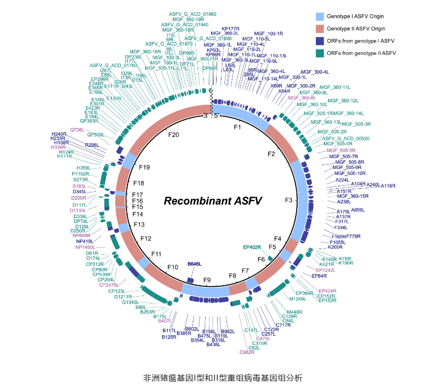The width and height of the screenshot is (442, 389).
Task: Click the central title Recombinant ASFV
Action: click(213, 201)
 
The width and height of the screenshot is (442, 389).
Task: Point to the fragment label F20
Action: click(174, 134)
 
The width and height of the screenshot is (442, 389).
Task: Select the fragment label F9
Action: click(207, 280)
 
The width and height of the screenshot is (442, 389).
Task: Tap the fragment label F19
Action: click(145, 167)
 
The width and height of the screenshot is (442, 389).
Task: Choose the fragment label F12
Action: click(146, 239)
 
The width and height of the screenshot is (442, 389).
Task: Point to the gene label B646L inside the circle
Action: click(194, 265)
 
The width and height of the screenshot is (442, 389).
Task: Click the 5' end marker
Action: click(216, 116)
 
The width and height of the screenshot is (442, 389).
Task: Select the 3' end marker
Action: click(205, 116)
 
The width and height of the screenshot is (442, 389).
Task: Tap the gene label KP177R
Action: click(230, 29)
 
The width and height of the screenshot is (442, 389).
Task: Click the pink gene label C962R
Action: click(247, 352)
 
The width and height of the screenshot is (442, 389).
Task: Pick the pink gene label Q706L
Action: click(78, 130)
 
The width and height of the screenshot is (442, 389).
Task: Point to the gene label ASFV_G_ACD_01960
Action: click(185, 14)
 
